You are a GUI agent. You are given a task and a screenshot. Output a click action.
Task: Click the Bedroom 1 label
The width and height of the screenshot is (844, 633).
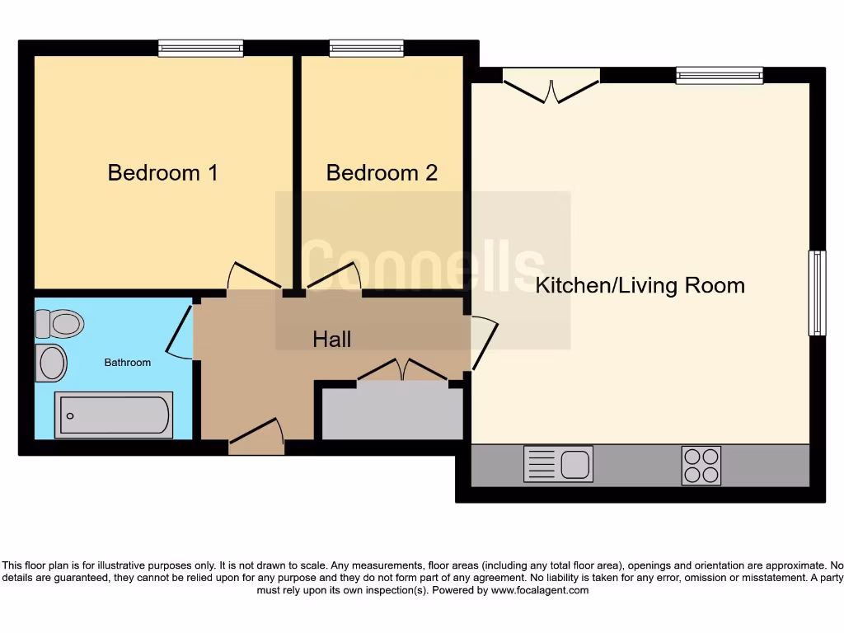162,173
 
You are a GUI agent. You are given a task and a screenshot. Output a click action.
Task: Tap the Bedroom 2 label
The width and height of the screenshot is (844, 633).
382,173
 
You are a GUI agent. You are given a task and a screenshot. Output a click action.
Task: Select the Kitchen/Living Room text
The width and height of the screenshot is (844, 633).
640,286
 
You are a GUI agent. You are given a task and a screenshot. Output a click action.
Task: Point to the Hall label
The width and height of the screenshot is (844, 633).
331,339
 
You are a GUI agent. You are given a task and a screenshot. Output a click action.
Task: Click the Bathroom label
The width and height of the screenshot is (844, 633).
127,363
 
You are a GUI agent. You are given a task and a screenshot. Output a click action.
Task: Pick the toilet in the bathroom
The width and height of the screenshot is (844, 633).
60,324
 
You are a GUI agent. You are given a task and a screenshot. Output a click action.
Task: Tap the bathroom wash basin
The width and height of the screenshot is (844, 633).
52,363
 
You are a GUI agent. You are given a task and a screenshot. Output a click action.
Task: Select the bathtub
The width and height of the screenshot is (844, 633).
114,415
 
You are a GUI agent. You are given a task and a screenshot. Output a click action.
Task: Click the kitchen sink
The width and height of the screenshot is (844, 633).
558,464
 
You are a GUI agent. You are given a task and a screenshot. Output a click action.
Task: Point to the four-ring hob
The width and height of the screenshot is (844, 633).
701,465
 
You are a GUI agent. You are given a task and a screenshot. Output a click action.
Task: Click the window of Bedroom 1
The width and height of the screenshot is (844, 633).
201,49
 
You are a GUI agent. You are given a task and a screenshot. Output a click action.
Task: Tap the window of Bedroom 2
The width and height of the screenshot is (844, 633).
366,49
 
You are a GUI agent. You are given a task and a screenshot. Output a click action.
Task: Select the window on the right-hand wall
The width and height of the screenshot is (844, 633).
816,293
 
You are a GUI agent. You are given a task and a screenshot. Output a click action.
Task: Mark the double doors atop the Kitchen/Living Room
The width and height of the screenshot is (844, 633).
551,87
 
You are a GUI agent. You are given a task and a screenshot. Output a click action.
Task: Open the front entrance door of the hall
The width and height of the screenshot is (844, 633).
256,437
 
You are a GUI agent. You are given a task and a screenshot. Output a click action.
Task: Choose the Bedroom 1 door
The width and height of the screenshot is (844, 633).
255,277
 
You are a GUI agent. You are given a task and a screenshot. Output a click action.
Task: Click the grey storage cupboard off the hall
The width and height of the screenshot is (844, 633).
392,412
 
